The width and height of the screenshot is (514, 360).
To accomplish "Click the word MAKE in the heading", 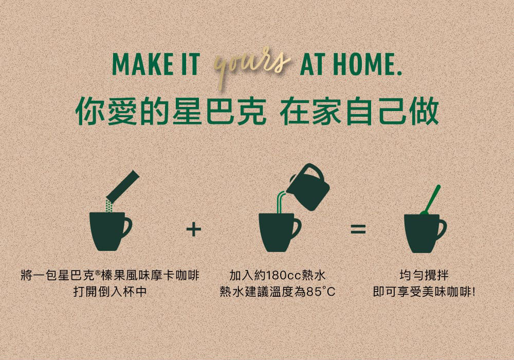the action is point(142,64).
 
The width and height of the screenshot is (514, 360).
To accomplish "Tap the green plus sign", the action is point(193,229).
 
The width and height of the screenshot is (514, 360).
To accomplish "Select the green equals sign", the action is point(358,229).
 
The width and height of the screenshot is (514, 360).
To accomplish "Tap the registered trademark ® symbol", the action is point(98,273).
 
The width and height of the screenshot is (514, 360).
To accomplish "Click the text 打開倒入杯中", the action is point(110,292).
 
